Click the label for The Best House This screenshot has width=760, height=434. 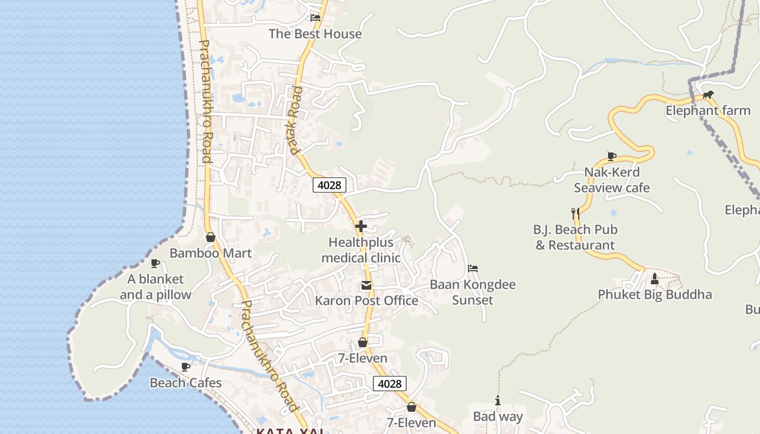point(315,34)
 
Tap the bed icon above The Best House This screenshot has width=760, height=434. point(315,17)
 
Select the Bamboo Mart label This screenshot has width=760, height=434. point(211,253)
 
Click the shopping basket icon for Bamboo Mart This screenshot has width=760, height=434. point(211,238)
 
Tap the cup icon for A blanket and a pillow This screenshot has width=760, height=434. point(155,263)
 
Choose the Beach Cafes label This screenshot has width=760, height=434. point(186,383)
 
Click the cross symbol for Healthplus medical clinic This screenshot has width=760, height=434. point(361,226)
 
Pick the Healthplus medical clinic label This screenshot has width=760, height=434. point(361,250)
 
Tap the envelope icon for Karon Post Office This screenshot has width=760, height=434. point(366,285)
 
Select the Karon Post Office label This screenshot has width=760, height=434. point(366,301)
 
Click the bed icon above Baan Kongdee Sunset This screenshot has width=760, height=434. point(473,269)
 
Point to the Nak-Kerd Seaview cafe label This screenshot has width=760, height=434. point(612,180)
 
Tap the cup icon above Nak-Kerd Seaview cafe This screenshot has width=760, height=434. point(612,156)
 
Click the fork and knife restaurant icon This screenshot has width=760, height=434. point(575,213)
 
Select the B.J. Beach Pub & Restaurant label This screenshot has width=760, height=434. point(575,237)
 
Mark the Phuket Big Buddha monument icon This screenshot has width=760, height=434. point(655,279)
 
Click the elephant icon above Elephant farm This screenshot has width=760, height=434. point(708,95)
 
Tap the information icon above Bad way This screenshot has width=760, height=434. point(498,401)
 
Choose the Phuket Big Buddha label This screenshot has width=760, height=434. point(655,295)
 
